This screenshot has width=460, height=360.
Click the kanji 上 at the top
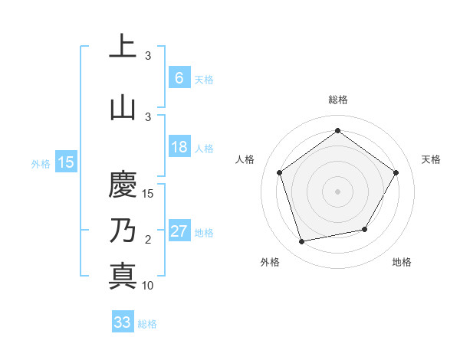(x=123, y=47)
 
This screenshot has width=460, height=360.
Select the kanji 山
(x=123, y=106)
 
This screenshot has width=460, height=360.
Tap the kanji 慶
(x=123, y=185)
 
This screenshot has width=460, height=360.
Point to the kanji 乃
(x=123, y=230)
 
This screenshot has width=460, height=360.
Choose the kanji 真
(x=123, y=275)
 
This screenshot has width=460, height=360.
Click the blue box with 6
(x=179, y=78)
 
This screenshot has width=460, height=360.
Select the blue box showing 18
(x=179, y=147)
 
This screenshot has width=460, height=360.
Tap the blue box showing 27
(x=179, y=232)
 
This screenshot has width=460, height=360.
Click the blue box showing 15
(x=66, y=162)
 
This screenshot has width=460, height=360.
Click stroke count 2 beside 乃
(x=148, y=240)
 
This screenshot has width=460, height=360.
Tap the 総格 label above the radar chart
(x=337, y=100)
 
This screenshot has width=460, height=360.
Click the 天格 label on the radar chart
(x=431, y=159)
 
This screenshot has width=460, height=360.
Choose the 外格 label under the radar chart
(x=270, y=262)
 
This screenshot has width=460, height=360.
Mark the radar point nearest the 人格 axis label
(x=279, y=172)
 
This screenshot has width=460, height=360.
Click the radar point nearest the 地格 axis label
(x=365, y=229)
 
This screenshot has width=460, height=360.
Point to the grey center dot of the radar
(x=337, y=191)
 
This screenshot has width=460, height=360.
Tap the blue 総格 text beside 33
(x=147, y=324)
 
